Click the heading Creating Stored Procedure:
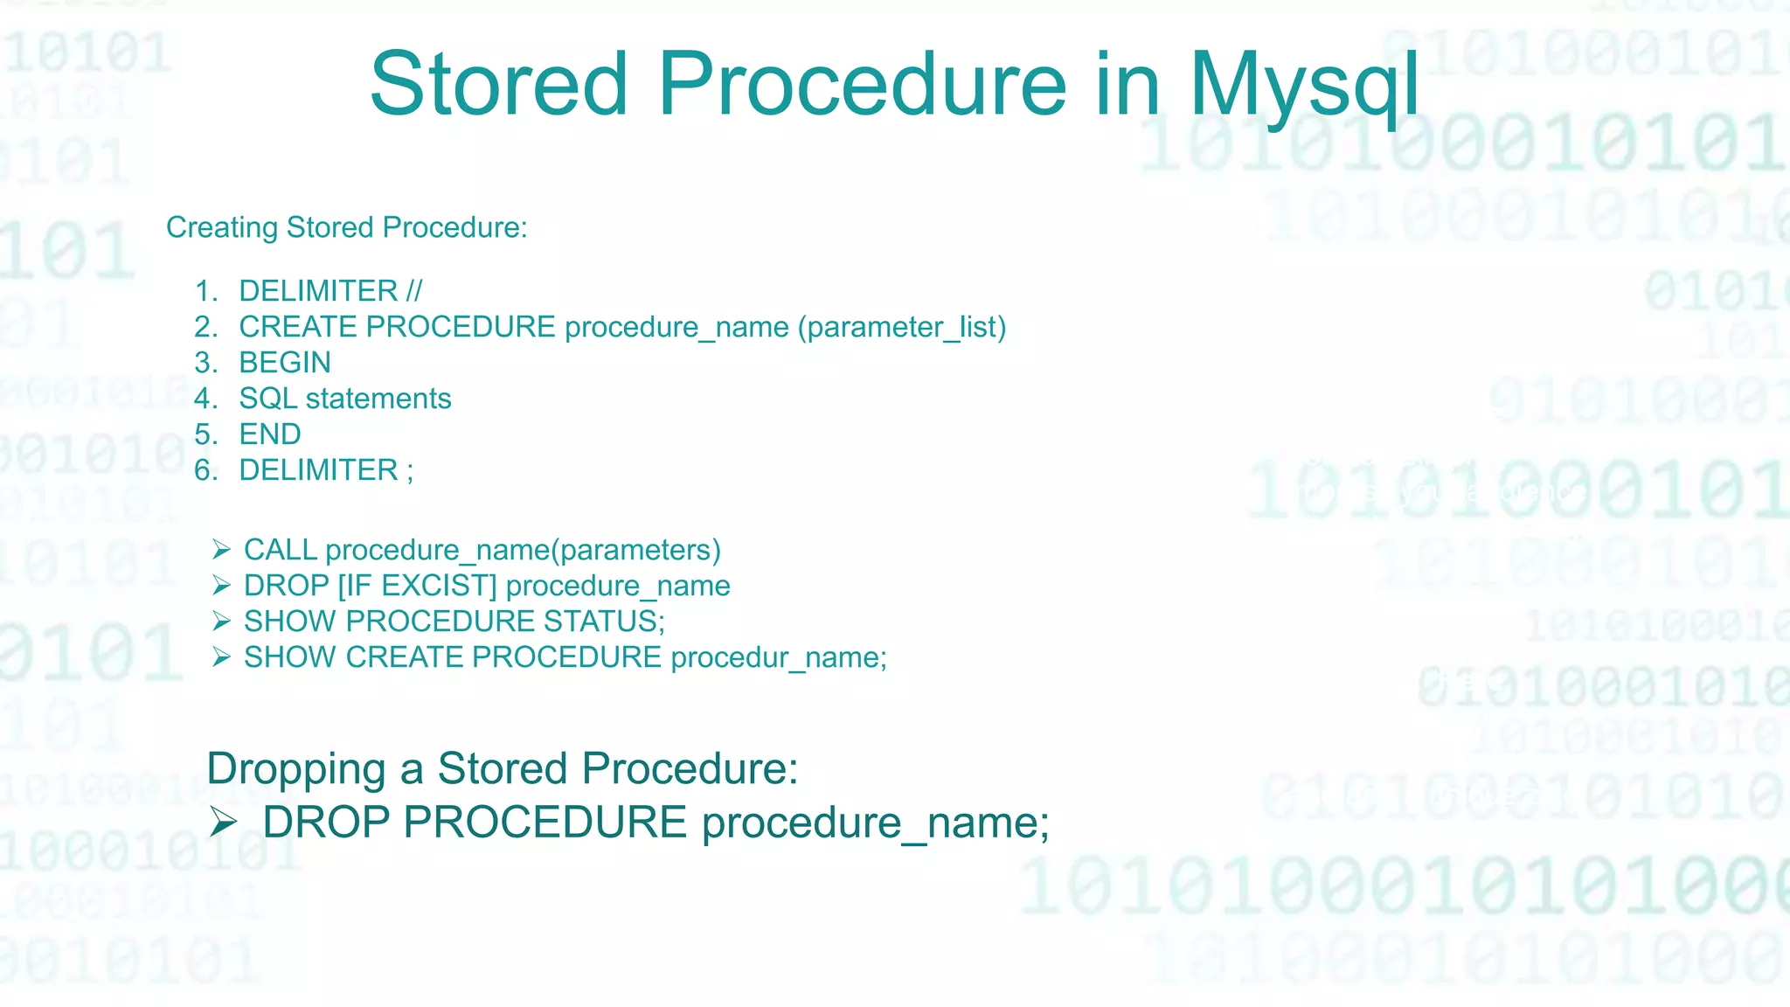pos(346,227)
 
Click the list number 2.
pos(205,327)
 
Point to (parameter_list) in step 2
pos(901,327)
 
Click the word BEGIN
pos(285,363)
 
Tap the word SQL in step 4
pos(267,399)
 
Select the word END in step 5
pos(270,434)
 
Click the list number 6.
pos(205,470)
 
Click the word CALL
pos(280,550)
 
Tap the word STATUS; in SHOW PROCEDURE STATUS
pos(604,622)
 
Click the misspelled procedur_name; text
pos(779,657)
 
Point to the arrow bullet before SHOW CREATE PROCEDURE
pos(221,657)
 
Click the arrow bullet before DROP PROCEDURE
pos(224,822)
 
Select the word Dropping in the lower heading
pos(295,769)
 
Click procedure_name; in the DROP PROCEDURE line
pos(875,823)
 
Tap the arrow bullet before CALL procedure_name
pos(221,550)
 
